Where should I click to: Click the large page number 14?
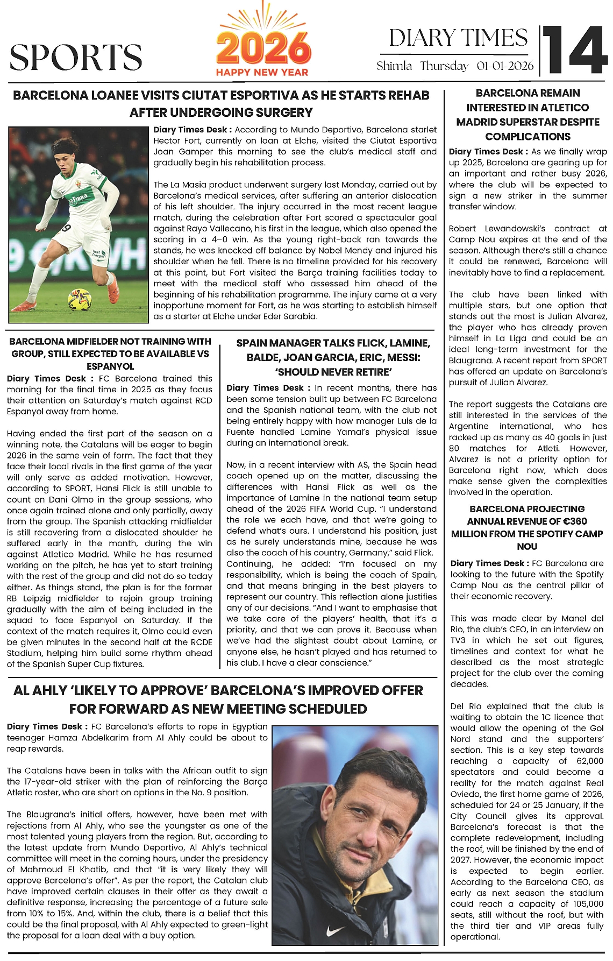[x=575, y=50]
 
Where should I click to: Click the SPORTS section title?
[x=76, y=57]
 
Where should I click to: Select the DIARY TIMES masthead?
[x=458, y=38]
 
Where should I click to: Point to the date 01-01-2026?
[x=505, y=66]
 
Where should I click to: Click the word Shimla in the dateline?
[x=394, y=66]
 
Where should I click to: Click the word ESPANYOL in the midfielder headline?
[x=110, y=366]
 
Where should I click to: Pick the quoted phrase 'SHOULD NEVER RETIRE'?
[x=333, y=372]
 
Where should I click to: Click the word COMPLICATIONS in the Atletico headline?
[x=528, y=137]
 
